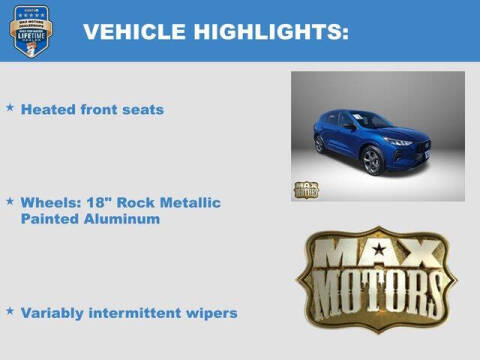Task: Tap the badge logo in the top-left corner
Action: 28,31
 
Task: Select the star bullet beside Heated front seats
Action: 10,105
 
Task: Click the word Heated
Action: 48,109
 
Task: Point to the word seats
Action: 141,109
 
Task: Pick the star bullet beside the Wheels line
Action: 10,200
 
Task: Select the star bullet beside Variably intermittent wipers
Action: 10,310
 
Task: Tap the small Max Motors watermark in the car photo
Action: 306,189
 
